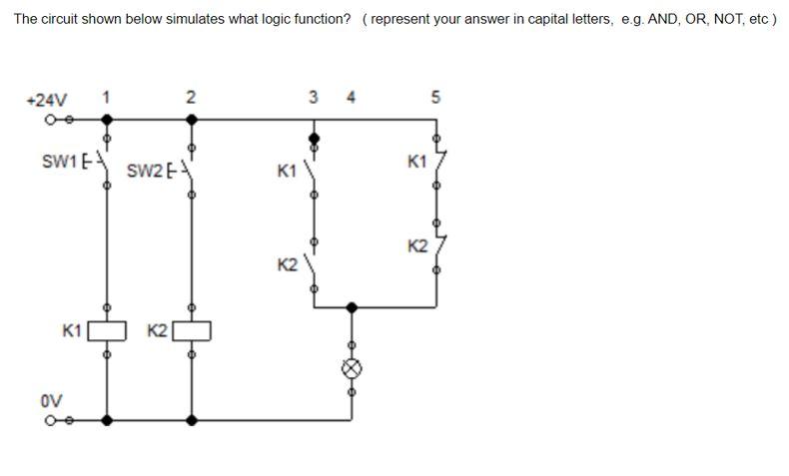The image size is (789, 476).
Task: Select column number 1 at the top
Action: [107, 97]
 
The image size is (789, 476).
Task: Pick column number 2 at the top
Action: [191, 97]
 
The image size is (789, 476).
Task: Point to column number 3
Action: [314, 97]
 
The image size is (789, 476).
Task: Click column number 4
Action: [350, 97]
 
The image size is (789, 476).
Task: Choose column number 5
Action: [435, 97]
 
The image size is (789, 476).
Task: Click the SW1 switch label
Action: [60, 161]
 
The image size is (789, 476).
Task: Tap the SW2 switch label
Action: [145, 170]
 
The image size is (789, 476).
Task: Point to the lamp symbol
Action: [351, 368]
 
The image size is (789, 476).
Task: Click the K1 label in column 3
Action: [287, 172]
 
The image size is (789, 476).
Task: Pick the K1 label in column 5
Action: [417, 161]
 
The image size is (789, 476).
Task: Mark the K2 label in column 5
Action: [417, 245]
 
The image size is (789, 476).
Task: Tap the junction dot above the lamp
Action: [351, 306]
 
